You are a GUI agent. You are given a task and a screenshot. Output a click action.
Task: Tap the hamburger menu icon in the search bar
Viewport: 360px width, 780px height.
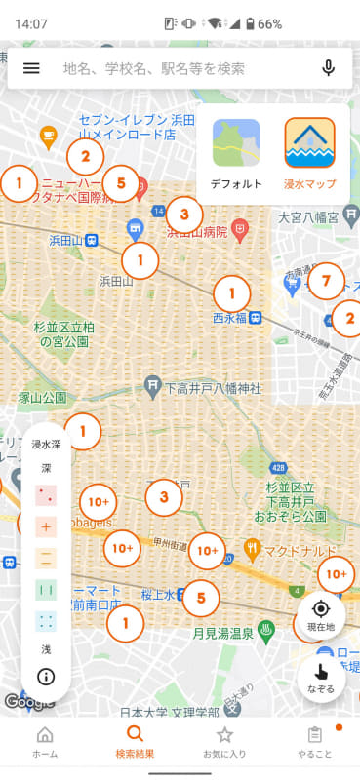(31, 68)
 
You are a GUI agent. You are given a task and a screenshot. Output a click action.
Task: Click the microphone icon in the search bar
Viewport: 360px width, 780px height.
(328, 68)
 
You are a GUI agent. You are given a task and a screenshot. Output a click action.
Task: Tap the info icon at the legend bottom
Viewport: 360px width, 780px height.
(46, 676)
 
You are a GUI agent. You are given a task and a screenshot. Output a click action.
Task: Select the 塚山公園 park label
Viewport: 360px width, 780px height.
(42, 398)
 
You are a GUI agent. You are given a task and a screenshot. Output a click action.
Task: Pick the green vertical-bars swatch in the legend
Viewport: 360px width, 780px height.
(46, 590)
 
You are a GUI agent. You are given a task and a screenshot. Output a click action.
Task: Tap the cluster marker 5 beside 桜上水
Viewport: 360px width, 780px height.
(201, 597)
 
